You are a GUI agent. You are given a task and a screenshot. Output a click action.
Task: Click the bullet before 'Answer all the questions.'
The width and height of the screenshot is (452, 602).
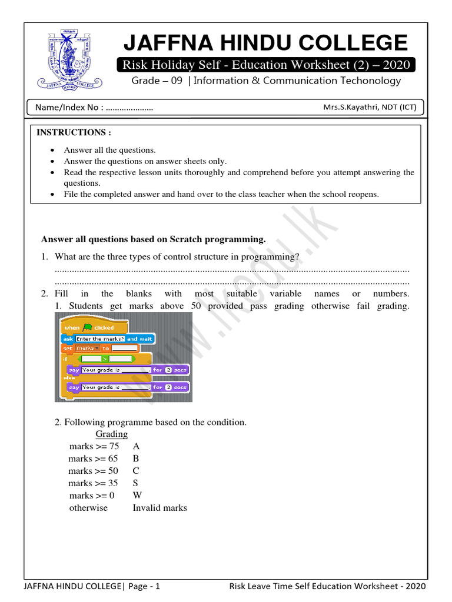53,150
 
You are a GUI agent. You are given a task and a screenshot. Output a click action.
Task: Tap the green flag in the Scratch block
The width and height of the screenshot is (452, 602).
87,327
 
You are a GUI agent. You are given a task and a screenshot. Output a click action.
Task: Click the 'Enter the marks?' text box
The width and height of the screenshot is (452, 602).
99,339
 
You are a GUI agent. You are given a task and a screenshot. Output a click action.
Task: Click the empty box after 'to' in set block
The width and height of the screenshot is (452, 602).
124,349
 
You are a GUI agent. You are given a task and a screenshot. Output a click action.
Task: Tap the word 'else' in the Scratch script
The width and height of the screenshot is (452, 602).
69,379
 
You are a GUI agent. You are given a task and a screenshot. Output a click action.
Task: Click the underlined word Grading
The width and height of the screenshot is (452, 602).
111,434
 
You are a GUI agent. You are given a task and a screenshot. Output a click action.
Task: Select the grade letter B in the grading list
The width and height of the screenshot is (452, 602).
136,459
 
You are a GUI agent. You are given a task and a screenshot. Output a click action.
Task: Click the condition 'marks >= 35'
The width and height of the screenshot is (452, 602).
93,483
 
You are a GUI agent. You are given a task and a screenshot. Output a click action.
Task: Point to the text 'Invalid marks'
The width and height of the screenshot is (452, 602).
159,508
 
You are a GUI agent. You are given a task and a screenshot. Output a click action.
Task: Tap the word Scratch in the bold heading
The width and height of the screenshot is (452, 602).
187,239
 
